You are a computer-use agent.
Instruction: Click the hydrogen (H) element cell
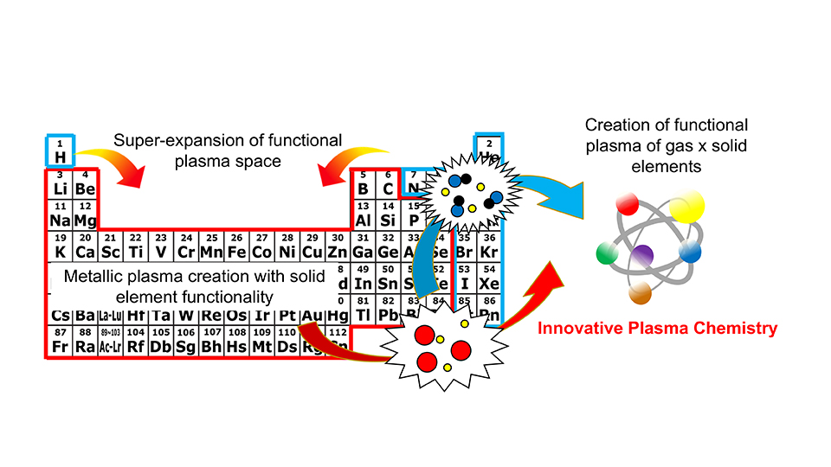click(61, 151)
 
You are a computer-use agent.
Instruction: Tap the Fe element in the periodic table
click(236, 247)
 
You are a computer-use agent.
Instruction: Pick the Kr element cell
click(489, 247)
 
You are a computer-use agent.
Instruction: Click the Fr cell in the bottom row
click(60, 342)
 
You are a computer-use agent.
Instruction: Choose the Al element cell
click(364, 215)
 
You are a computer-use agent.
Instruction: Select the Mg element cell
click(84, 215)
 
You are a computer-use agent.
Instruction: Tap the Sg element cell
click(185, 342)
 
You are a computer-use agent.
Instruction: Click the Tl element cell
click(364, 310)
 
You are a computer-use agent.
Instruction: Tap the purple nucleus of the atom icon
click(641, 255)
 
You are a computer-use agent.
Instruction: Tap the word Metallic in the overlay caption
click(93, 277)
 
